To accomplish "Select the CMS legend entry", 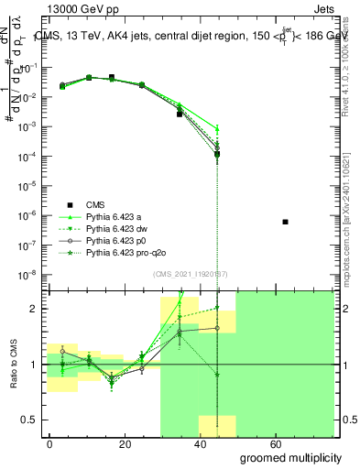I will pos(89,204).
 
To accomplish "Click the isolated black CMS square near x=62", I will pos(286,222).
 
